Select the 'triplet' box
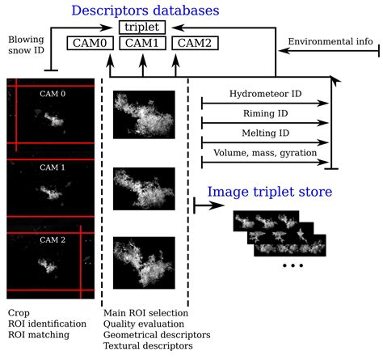tap(144, 28)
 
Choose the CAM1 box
tap(143, 43)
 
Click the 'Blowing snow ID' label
tap(27, 45)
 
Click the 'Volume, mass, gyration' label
tap(265, 153)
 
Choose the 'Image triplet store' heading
tap(269, 193)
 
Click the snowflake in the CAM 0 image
tap(52, 121)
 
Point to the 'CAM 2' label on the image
tap(51, 239)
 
